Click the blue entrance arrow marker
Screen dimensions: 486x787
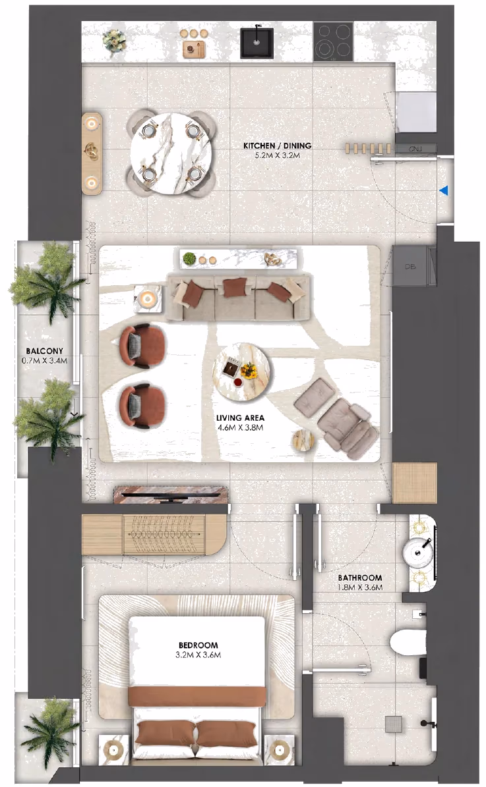coord(443,191)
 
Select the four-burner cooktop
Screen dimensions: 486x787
coord(333,41)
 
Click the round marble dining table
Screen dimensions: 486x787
coord(171,153)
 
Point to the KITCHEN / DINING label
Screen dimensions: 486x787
coord(278,146)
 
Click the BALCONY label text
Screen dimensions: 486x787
coord(45,351)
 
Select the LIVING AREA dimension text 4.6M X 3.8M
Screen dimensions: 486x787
coord(240,427)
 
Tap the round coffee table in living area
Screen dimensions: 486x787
coord(242,372)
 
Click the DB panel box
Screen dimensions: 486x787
coord(410,266)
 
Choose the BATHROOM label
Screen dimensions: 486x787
coord(360,578)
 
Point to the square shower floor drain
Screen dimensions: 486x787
coord(394,723)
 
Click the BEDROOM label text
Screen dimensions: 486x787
coord(198,645)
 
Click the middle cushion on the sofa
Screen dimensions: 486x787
coord(233,288)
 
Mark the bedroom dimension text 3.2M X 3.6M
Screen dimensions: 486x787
coord(198,655)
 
